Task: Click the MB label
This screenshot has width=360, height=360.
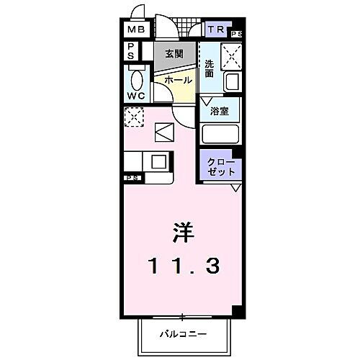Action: (x=136, y=30)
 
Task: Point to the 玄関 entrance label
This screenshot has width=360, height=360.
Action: (x=174, y=54)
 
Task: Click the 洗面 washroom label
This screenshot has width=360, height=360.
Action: (x=209, y=68)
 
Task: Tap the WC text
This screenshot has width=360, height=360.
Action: (x=136, y=96)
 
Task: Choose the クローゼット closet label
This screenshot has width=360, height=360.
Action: (x=220, y=168)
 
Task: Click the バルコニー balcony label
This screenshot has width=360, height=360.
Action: (x=184, y=335)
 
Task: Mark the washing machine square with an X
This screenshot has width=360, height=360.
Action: (x=231, y=55)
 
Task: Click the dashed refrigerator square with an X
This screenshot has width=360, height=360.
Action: (x=133, y=116)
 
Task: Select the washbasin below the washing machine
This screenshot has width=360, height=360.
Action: (x=232, y=81)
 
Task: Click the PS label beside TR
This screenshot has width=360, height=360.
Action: (x=236, y=34)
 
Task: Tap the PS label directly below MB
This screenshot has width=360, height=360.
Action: (x=131, y=50)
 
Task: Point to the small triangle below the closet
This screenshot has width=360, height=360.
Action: (x=235, y=187)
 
